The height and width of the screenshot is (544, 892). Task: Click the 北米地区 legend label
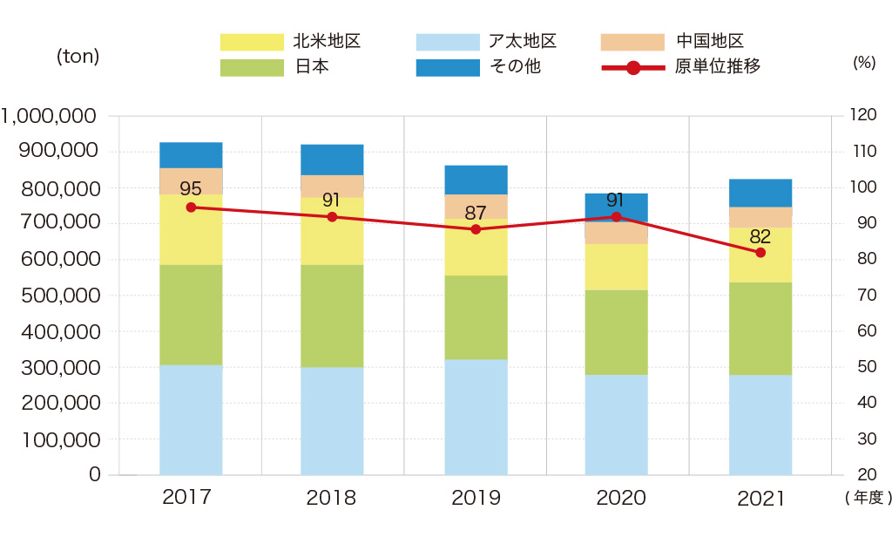point(327,41)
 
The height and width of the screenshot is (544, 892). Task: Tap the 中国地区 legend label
point(709,41)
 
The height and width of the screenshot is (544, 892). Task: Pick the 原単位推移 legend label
point(718,66)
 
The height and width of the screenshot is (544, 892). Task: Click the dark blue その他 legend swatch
point(448,67)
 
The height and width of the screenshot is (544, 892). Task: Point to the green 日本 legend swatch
point(252,67)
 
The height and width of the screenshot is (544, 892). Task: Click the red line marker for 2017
point(191,207)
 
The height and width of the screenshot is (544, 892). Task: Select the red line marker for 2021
point(760,253)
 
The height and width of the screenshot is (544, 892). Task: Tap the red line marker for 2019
point(476,229)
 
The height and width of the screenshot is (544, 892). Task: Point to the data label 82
point(760,235)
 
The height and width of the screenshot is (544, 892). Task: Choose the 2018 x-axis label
point(331,499)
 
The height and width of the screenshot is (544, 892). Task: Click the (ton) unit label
point(78,57)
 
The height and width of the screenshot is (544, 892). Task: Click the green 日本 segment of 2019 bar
point(476,317)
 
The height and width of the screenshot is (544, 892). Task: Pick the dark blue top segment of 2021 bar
point(760,193)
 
